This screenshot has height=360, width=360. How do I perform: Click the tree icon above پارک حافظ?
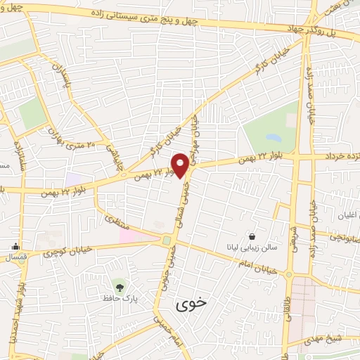pyautogui.click(x=119, y=287)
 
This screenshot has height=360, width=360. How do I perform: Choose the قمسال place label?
pyautogui.click(x=15, y=258)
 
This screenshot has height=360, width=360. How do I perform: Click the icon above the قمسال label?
pyautogui.click(x=15, y=246)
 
